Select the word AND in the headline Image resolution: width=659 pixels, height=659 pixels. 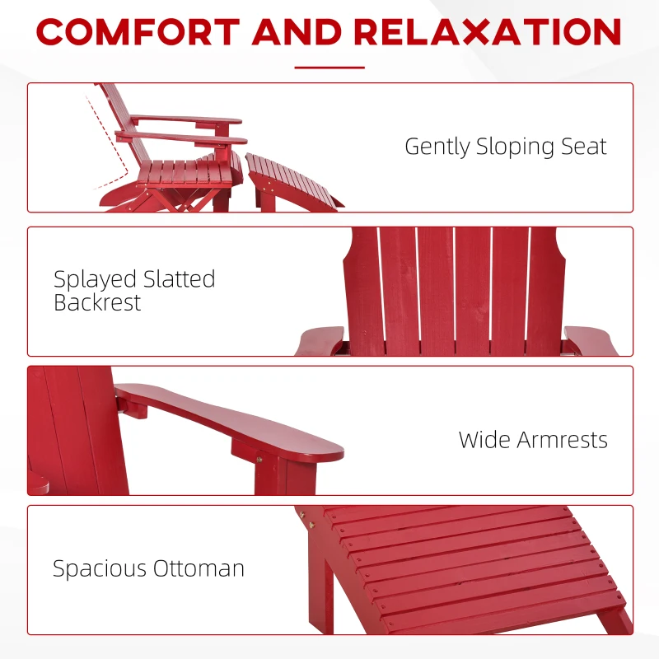tap(297, 32)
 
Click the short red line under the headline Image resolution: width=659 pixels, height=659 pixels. tap(329, 68)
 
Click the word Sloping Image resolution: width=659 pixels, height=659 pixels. tap(514, 147)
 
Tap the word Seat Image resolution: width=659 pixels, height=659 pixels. tap(582, 147)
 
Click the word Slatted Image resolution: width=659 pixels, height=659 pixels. tap(177, 279)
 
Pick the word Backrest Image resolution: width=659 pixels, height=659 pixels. tap(97, 302)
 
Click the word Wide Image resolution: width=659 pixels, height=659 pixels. tap(484, 439)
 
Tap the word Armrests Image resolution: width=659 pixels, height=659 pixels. tap(561, 439)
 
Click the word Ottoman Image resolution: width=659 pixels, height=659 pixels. tap(202, 568)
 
